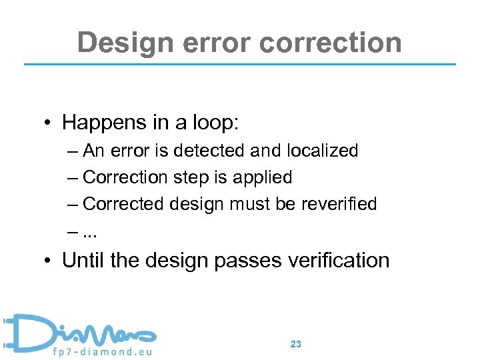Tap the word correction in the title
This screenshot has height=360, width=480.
(x=331, y=43)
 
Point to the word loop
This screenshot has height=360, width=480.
(x=214, y=123)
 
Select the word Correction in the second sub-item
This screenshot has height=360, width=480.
(x=126, y=177)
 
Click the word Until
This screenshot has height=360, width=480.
(x=84, y=260)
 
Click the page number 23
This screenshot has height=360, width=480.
(x=296, y=344)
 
